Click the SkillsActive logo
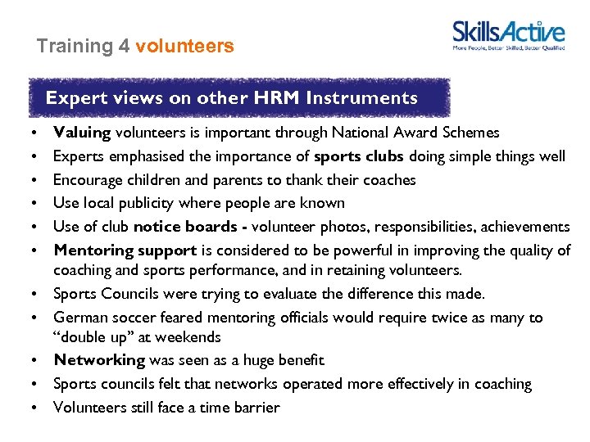pos(508,34)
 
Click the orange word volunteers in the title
pos(184,47)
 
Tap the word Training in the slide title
pos(75,47)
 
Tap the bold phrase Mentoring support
pos(125,250)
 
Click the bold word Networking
pos(98,360)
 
